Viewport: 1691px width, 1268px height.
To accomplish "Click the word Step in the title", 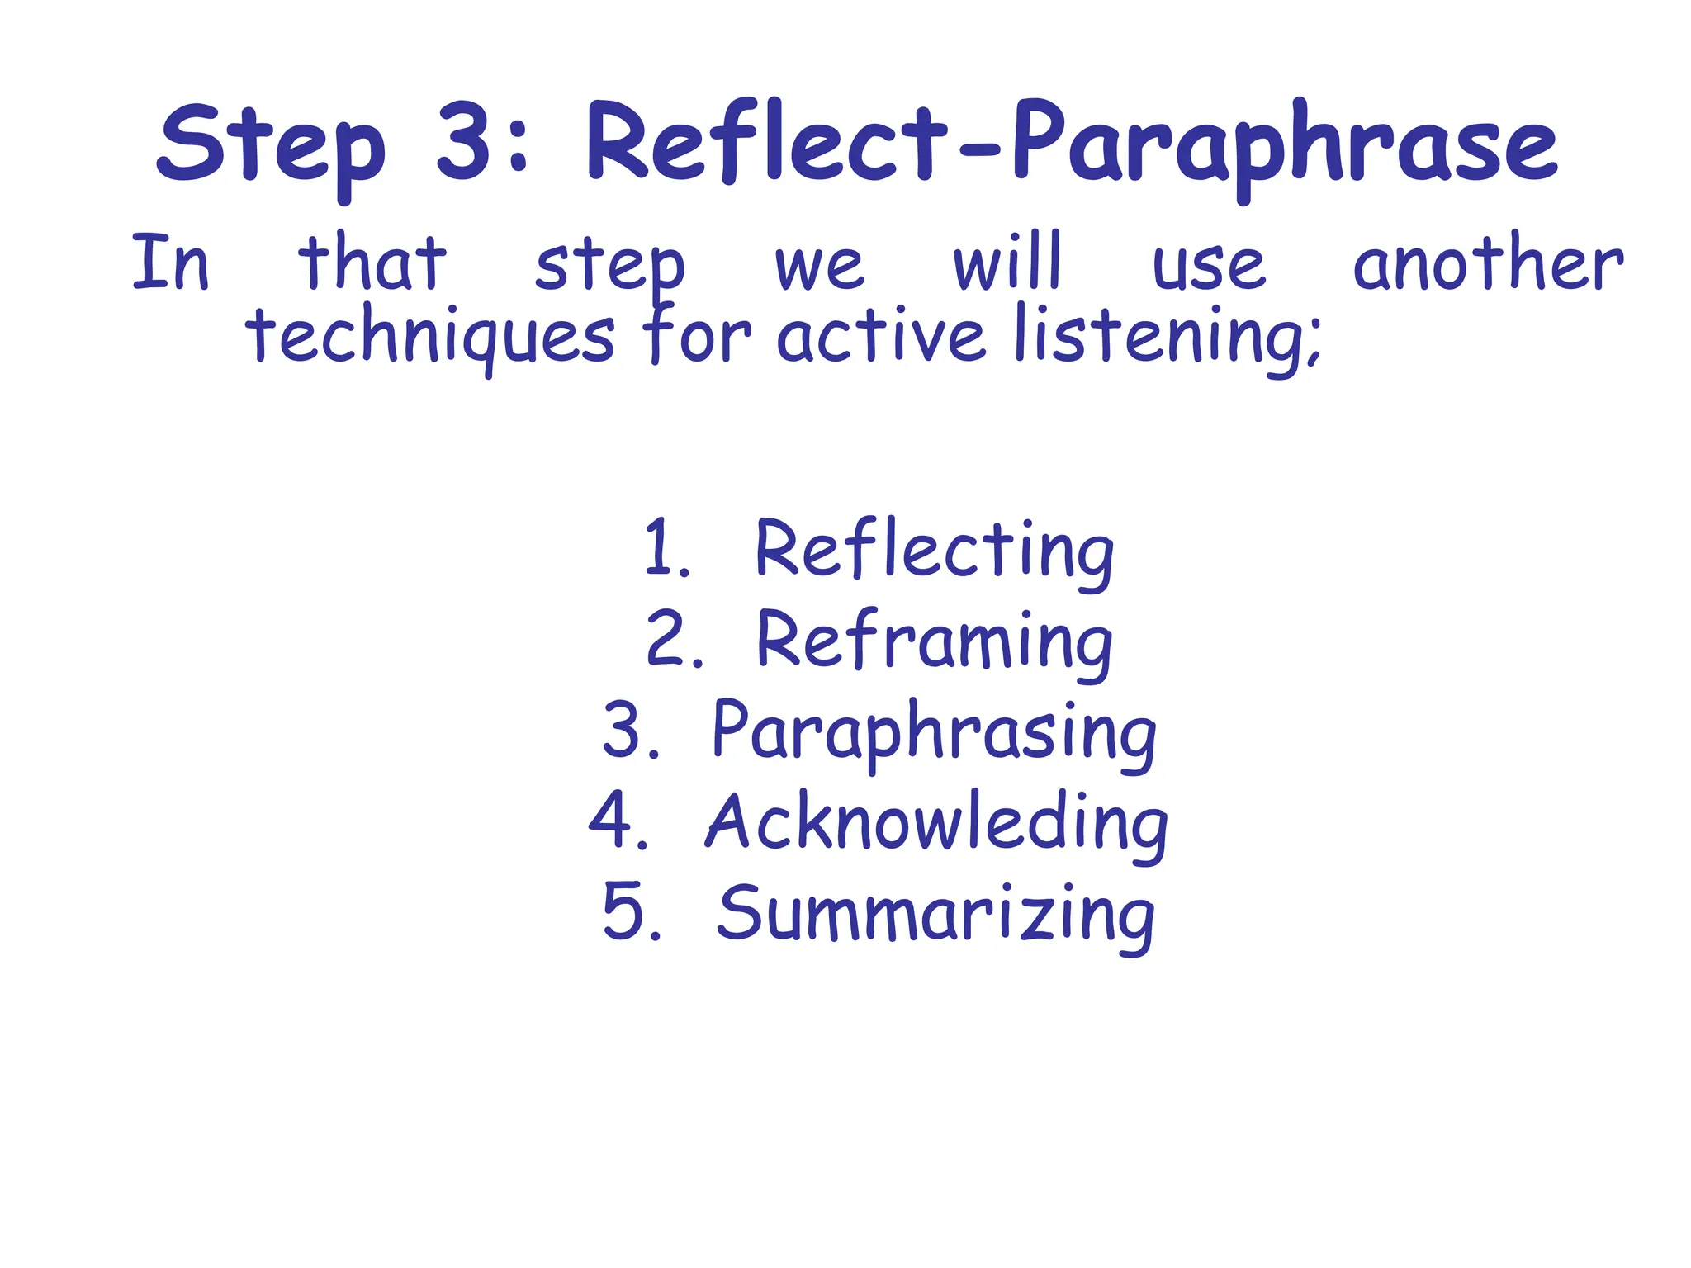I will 270,147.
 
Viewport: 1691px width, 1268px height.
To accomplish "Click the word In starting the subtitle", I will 171,263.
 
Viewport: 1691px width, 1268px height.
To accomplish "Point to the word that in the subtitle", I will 372,263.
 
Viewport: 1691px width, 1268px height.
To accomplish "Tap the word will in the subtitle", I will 1007,263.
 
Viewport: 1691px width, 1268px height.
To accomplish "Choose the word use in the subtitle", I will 1209,267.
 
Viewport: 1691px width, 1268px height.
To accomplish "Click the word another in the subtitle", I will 1488,264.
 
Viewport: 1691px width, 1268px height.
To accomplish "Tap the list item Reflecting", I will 935,551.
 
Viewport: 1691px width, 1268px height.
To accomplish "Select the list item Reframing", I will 935,642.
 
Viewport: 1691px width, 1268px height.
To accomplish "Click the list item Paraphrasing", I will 934,733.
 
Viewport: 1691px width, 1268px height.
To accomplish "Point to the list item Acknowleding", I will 936,824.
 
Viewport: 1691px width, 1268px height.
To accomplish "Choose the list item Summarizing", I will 935,915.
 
